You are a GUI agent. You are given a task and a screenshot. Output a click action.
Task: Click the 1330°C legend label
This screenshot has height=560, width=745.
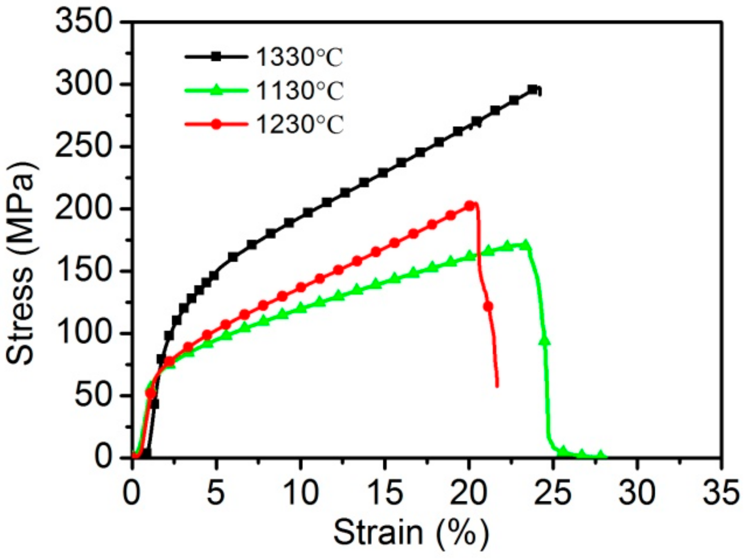299,57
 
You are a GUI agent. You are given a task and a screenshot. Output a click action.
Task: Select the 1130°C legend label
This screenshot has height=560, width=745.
299,91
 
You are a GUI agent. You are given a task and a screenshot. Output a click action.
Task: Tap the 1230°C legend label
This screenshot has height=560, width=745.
299,124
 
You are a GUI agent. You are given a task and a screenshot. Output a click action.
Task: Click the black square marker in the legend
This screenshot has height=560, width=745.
216,57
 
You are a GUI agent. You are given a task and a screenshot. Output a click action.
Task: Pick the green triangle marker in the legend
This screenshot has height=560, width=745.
216,90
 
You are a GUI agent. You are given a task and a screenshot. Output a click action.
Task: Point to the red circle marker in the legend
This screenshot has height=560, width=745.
216,124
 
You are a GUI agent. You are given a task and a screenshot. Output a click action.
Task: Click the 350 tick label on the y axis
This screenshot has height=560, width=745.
84,21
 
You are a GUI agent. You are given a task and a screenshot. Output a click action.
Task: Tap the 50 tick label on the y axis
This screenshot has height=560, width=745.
93,395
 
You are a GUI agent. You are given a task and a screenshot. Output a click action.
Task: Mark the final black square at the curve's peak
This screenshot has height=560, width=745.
532,89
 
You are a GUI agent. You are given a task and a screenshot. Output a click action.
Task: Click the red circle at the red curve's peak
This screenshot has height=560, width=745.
469,206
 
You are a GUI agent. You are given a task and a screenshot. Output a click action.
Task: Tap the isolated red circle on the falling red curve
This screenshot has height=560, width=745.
488,306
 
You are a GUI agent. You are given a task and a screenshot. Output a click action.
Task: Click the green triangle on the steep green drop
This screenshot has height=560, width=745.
544,341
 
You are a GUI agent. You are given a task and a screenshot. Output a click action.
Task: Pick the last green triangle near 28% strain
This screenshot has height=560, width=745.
600,454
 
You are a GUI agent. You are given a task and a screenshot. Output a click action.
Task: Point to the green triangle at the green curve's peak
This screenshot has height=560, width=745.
526,245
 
